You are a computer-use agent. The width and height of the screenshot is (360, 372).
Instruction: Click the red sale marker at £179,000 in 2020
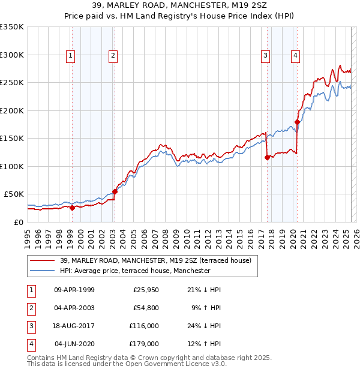(x=297, y=122)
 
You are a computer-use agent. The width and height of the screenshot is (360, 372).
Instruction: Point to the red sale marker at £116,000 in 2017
(x=267, y=158)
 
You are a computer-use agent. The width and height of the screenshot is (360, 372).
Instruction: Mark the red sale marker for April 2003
(x=115, y=191)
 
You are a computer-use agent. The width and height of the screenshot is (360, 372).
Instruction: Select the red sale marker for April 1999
(x=72, y=208)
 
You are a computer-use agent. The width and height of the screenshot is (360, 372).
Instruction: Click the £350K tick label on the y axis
(x=12, y=27)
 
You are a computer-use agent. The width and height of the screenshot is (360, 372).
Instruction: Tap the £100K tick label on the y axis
(x=12, y=166)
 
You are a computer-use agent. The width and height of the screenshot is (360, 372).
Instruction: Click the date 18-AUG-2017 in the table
(x=74, y=327)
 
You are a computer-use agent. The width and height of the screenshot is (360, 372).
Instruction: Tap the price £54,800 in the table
(x=146, y=308)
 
